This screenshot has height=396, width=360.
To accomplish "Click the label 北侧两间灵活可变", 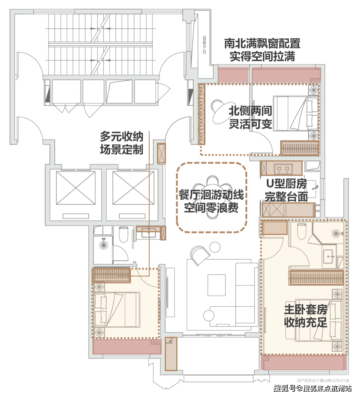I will (250, 117).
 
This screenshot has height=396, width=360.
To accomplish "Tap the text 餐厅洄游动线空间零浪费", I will (211, 201).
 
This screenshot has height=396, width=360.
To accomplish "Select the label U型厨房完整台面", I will (286, 190).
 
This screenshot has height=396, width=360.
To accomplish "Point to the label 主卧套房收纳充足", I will (305, 316).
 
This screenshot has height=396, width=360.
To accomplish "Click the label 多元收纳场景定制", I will (122, 143).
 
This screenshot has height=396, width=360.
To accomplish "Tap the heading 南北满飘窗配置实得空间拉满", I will (262, 50).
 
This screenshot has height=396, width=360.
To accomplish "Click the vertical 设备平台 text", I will (204, 45).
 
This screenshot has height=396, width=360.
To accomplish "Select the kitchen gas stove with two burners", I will (283, 169).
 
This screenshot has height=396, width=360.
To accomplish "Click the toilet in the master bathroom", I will (302, 232).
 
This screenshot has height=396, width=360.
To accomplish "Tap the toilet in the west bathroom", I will (123, 235).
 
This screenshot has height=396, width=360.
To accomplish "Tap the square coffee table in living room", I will (217, 285).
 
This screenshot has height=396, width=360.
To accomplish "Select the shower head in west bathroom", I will (104, 245).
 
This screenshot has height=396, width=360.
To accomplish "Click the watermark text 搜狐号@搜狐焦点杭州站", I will (313, 388).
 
